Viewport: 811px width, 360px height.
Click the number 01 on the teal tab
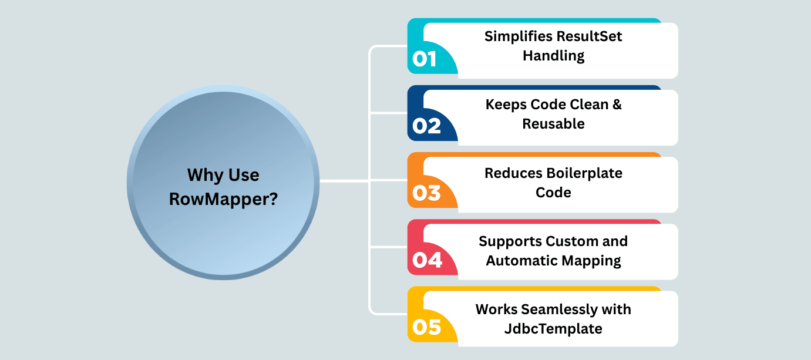point(424,59)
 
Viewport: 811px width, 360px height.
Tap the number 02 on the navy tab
point(426,126)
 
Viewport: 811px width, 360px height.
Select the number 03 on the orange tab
point(426,193)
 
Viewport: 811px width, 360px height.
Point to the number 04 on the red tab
point(427,260)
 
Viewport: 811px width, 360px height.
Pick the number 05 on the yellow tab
point(426,327)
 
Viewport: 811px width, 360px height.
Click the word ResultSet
point(589,36)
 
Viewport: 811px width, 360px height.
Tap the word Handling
point(553,56)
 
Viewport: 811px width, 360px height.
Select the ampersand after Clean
point(617,105)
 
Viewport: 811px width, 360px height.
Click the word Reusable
point(553,124)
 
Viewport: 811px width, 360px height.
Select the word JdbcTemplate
point(553,329)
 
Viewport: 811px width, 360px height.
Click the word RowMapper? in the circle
point(223,199)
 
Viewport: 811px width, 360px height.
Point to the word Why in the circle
point(204,175)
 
